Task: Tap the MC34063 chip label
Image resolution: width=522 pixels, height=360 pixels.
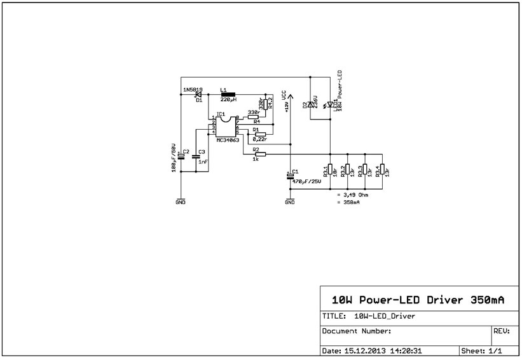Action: pyautogui.click(x=227, y=139)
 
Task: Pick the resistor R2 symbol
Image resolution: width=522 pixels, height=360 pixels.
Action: pyautogui.click(x=259, y=154)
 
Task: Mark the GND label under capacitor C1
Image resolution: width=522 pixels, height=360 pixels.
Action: pyautogui.click(x=290, y=202)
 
